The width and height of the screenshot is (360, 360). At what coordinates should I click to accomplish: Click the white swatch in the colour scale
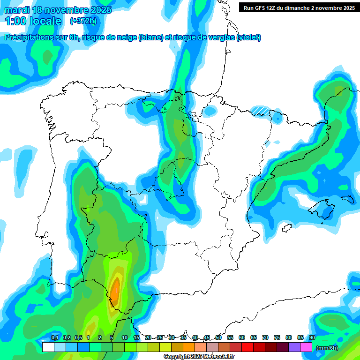click(48, 347)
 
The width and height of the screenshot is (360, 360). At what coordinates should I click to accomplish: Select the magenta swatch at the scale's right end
click(306, 347)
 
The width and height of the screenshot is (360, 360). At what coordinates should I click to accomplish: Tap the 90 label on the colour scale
click(312, 338)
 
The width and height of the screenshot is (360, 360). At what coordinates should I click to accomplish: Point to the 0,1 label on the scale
click(54, 338)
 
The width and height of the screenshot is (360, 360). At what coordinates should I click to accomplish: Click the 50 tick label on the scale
click(218, 338)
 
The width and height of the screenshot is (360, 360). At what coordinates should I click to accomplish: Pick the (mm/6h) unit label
click(327, 347)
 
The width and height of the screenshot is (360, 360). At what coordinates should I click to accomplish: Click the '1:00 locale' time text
click(33, 21)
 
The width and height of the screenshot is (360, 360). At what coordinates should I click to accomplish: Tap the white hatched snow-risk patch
click(260, 110)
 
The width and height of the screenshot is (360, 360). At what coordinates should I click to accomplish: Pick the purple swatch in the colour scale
click(294, 347)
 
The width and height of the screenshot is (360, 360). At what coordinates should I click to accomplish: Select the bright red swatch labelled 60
click(247, 347)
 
